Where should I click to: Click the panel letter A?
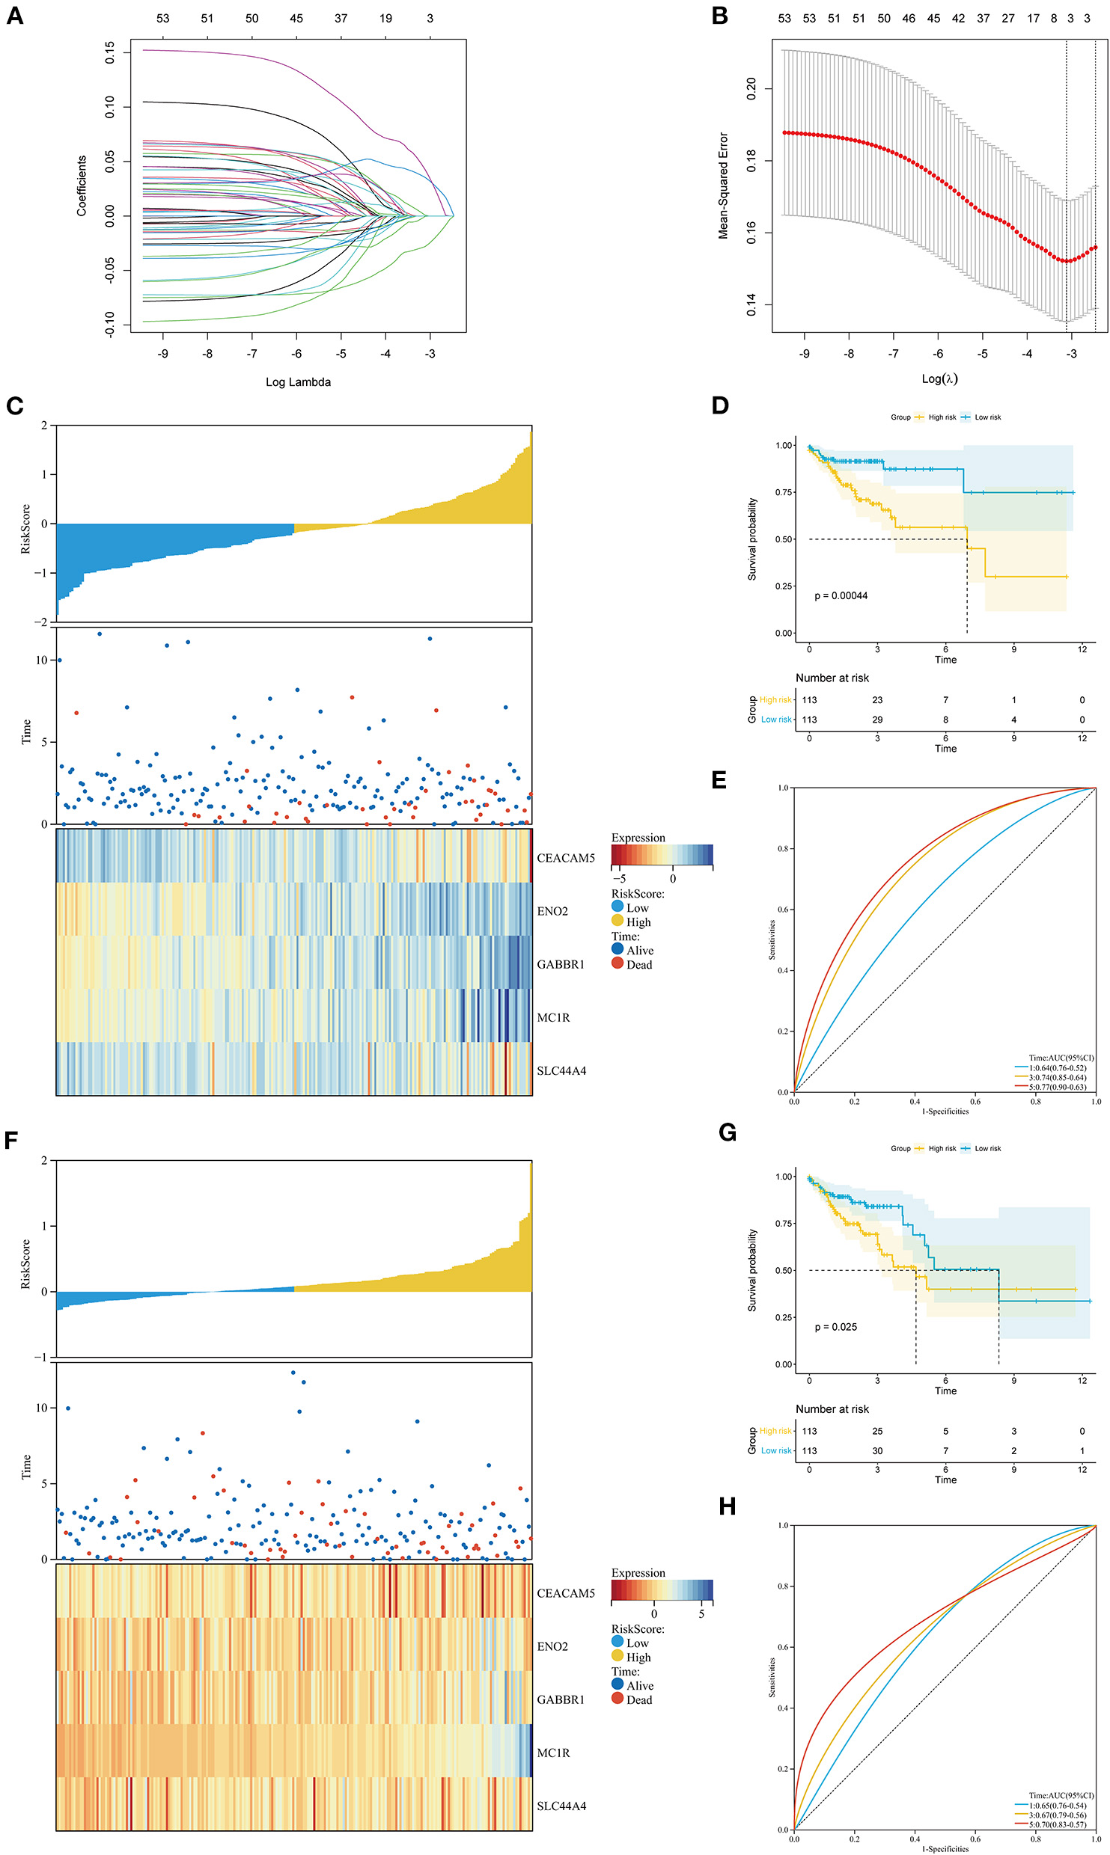pyautogui.click(x=15, y=16)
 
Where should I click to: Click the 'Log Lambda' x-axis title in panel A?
pyautogui.click(x=298, y=382)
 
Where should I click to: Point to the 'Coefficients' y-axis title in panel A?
pyautogui.click(x=82, y=186)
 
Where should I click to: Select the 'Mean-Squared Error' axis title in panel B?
pyautogui.click(x=723, y=186)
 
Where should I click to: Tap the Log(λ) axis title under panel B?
pyautogui.click(x=939, y=378)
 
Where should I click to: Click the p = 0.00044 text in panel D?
pyautogui.click(x=841, y=596)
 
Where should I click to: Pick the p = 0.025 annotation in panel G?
pyautogui.click(x=835, y=1327)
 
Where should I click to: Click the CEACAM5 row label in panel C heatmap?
pyautogui.click(x=565, y=858)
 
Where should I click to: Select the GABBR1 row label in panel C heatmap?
pyautogui.click(x=560, y=964)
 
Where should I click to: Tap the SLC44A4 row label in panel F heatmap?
pyautogui.click(x=561, y=1806)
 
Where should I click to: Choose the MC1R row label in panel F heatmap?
pyautogui.click(x=553, y=1753)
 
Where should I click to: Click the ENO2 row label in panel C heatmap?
pyautogui.click(x=552, y=911)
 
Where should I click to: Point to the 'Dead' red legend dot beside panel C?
pyautogui.click(x=617, y=963)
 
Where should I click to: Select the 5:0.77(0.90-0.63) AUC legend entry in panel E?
pyautogui.click(x=1057, y=1087)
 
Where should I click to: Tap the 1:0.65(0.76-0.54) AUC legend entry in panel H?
pyautogui.click(x=1057, y=1806)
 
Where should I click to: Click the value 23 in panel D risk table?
pyautogui.click(x=877, y=700)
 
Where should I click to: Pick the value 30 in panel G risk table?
pyautogui.click(x=877, y=1450)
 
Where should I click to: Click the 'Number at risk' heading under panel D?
pyautogui.click(x=832, y=678)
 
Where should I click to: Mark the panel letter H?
pyautogui.click(x=727, y=1506)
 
